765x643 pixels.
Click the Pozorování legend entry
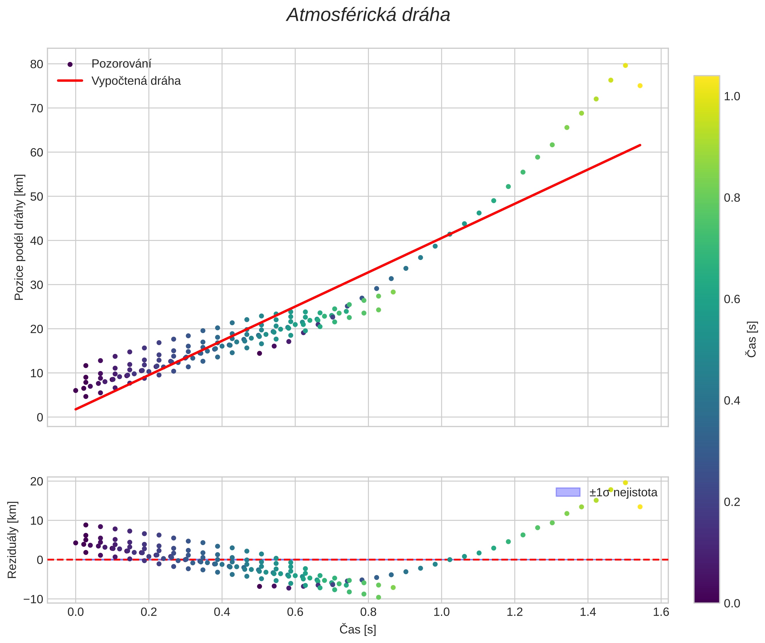pos(121,64)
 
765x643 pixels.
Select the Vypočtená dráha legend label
pos(136,81)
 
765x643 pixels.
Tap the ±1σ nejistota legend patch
pos(568,492)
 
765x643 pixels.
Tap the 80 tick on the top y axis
pos(37,64)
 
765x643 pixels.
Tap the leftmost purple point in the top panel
pos(75,390)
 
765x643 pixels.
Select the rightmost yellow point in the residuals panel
pos(640,507)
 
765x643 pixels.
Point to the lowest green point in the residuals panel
pos(379,597)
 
